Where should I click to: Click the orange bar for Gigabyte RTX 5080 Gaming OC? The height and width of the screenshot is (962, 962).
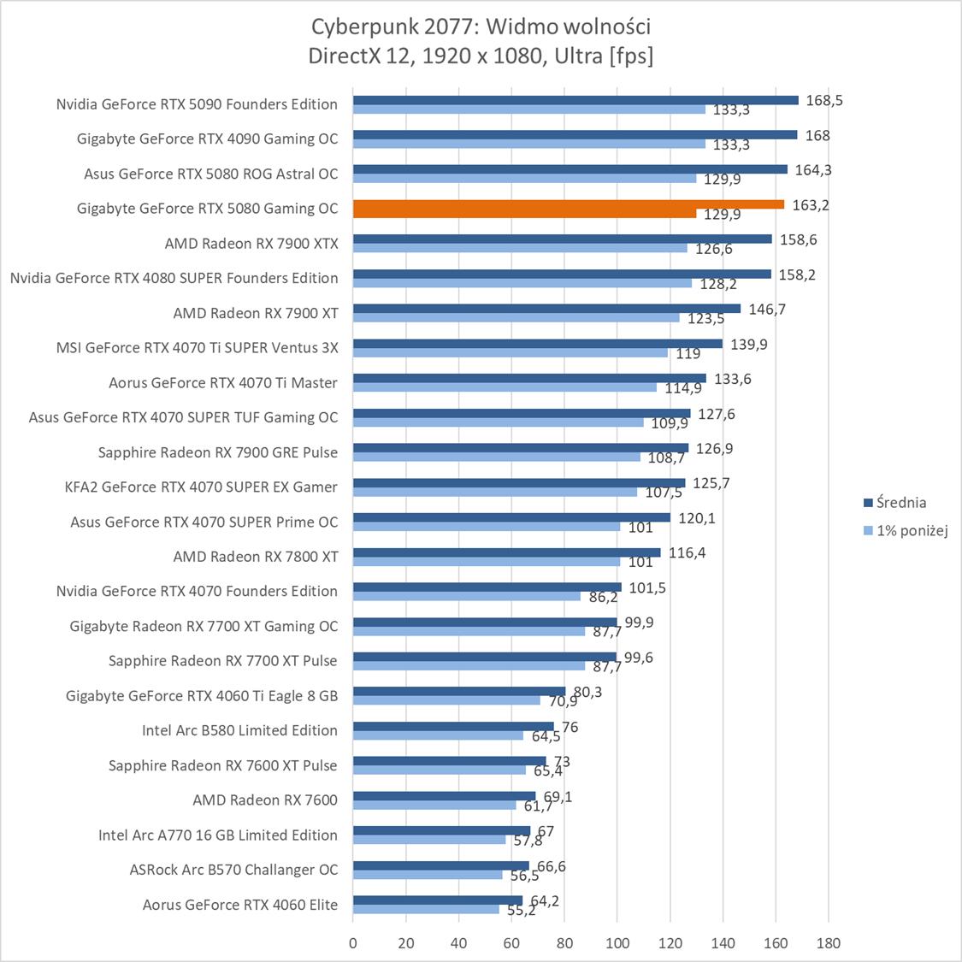568,204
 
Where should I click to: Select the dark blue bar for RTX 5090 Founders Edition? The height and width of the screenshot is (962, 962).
575,100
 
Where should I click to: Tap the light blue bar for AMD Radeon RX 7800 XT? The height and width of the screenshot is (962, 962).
486,562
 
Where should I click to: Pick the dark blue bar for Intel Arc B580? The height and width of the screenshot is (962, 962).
453,727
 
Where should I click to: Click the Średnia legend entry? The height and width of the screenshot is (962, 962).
895,503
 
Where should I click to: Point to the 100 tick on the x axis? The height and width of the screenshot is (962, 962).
617,943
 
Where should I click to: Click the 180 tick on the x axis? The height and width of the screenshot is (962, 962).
828,943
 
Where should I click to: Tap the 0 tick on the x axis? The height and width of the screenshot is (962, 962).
353,943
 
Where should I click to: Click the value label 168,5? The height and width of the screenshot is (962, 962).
823,100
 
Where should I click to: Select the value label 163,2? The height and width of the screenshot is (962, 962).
811,205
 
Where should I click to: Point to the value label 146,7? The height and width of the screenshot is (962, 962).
767,310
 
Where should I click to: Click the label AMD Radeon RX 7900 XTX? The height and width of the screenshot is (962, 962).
251,244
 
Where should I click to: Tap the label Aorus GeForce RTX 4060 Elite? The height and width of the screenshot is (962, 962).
240,905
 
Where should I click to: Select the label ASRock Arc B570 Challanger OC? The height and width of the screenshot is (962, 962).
233,870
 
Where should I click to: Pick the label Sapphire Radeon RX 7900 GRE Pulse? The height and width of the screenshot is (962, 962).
218,452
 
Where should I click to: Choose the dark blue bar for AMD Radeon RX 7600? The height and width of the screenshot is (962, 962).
445,796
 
